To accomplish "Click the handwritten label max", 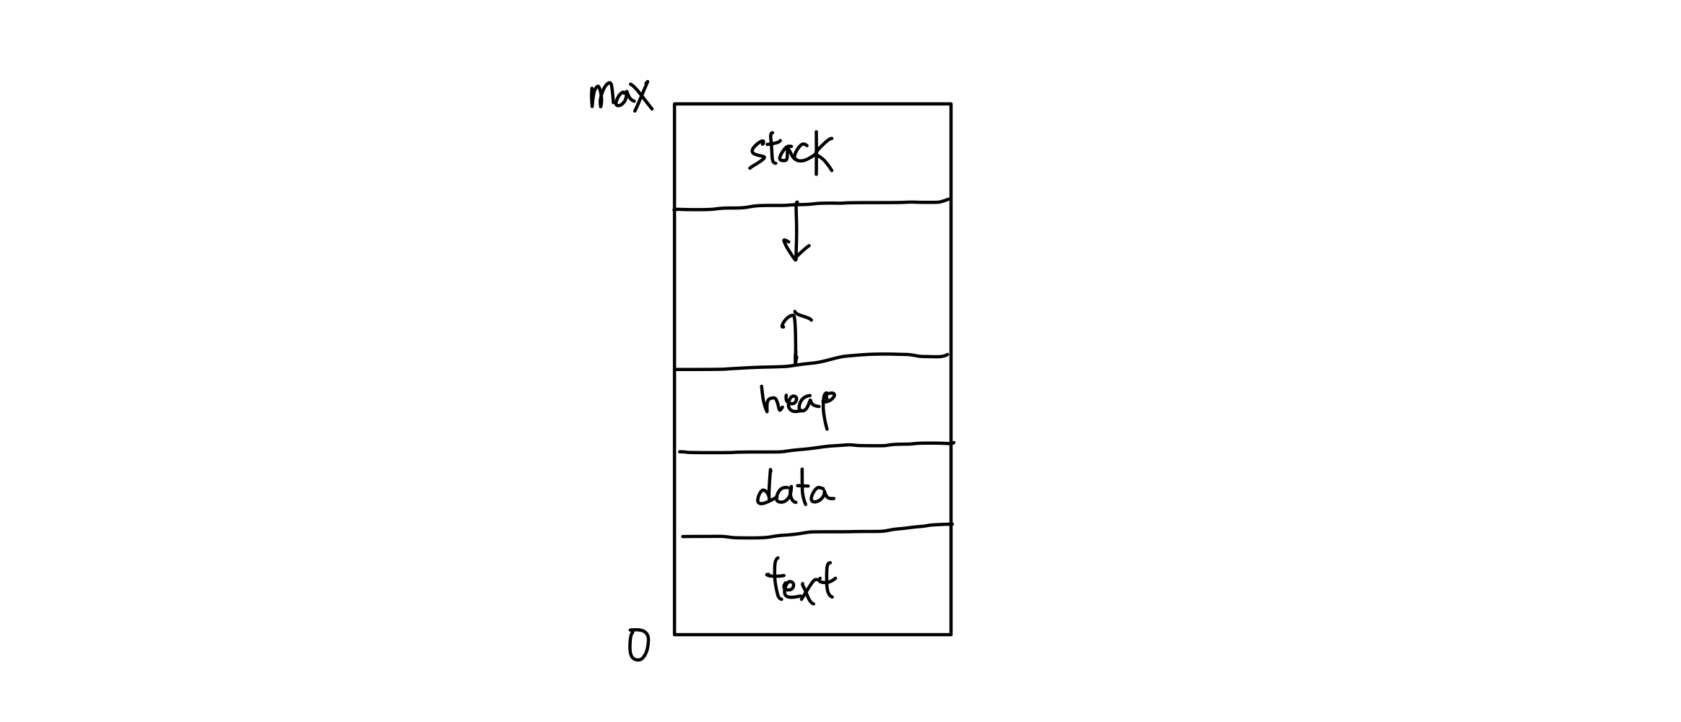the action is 621,96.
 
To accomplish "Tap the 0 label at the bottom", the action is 638,645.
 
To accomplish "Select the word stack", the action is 791,152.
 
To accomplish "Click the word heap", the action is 798,404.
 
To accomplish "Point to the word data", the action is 794,489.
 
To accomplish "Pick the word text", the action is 801,580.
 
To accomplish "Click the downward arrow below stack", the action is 796,231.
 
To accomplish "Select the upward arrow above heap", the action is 796,337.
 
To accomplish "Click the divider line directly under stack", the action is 812,204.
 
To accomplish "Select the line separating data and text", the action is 817,532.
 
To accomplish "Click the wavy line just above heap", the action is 812,360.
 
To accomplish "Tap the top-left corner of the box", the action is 675,104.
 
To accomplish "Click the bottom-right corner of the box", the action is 951,635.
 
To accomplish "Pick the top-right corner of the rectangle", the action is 951,104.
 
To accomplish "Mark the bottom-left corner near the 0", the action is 675,635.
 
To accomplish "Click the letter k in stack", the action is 822,152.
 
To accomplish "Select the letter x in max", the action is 641,96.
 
